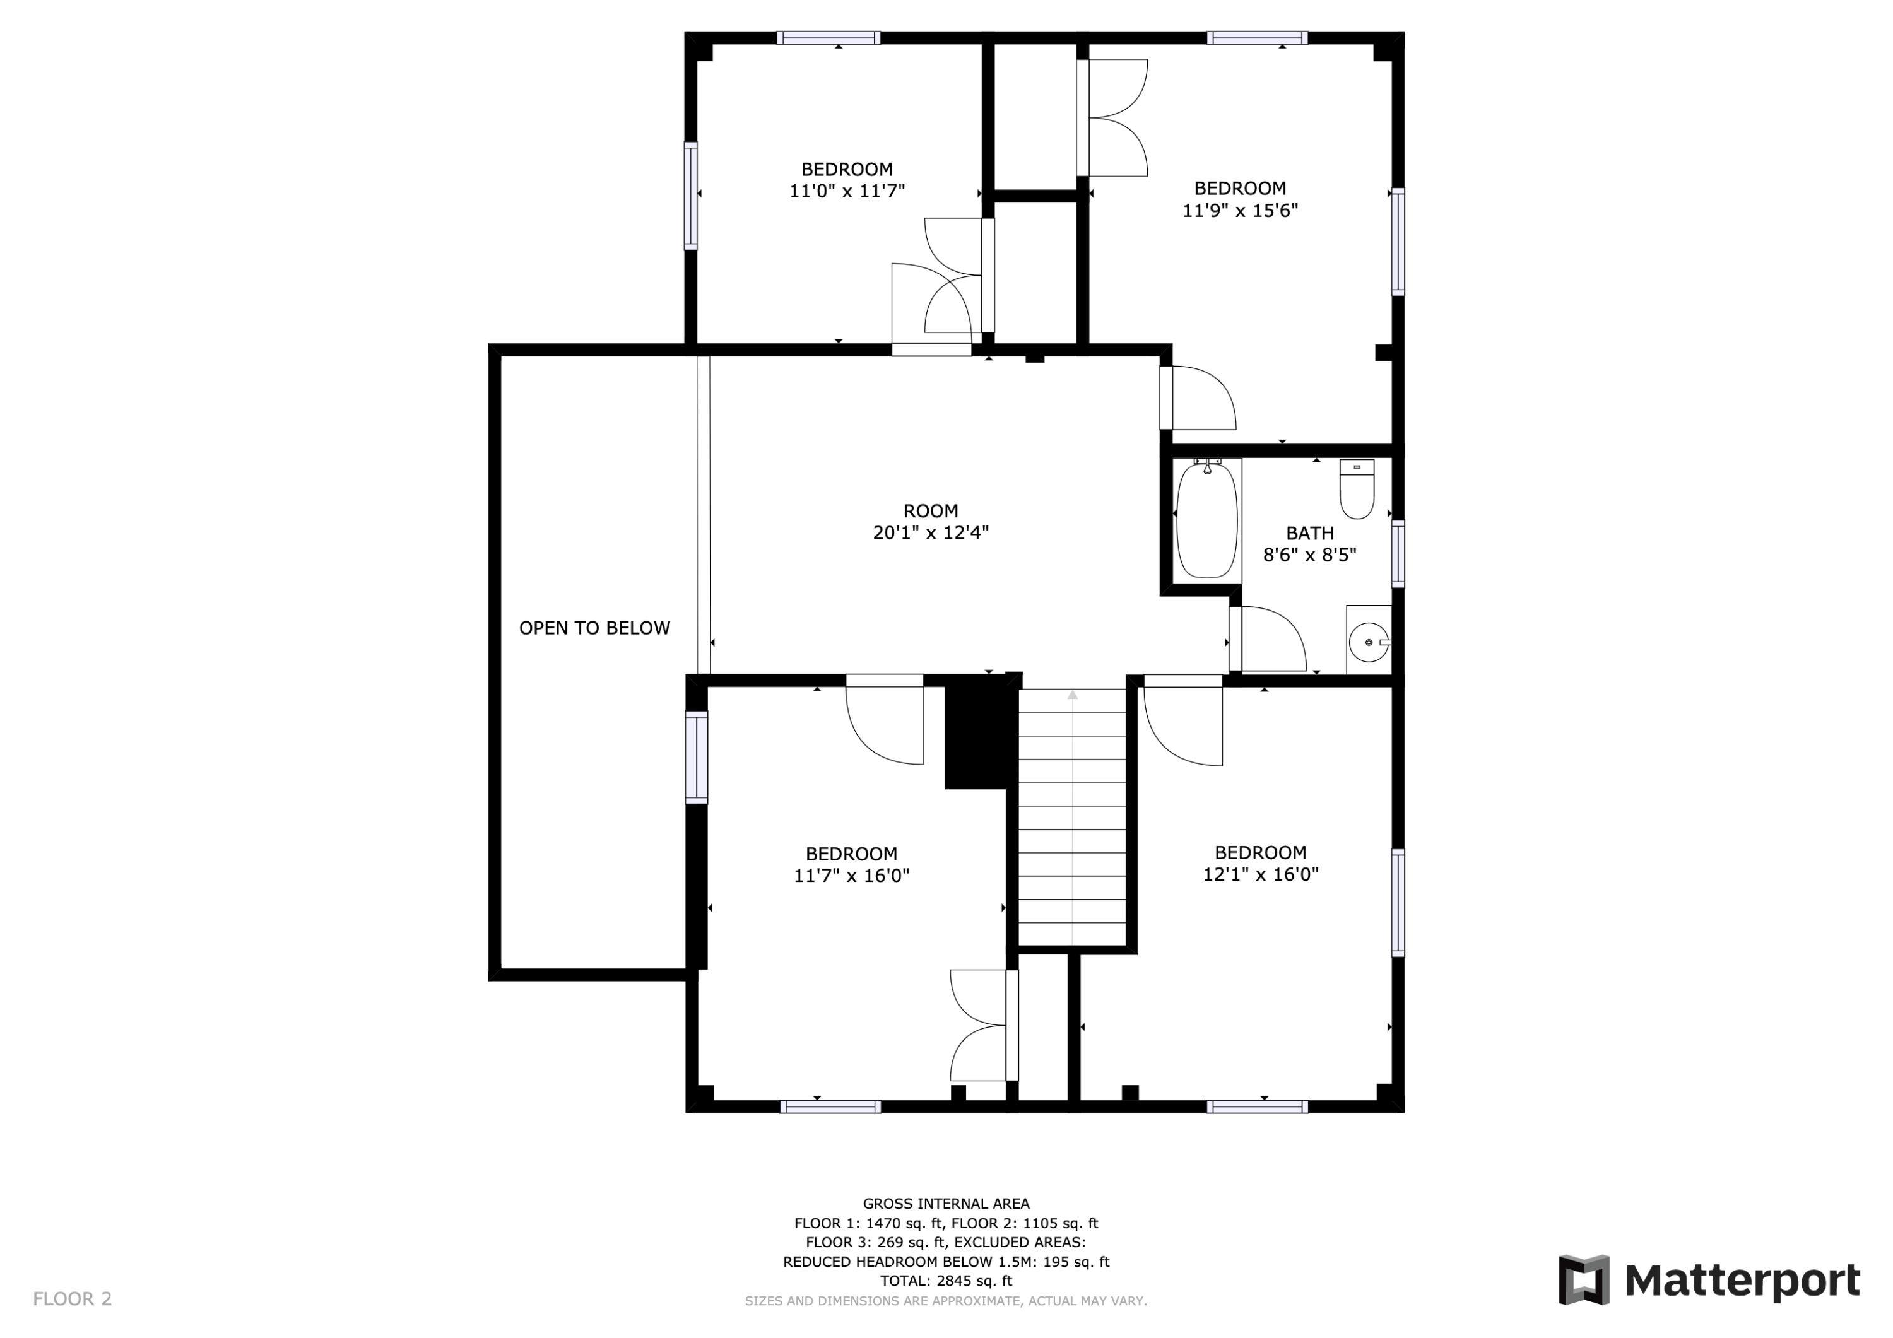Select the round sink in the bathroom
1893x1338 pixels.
click(x=1369, y=642)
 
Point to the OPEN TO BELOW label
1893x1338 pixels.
click(x=594, y=628)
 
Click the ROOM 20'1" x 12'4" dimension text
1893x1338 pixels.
click(x=931, y=532)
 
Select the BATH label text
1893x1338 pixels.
click(x=1309, y=534)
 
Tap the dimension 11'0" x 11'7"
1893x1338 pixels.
click(x=847, y=191)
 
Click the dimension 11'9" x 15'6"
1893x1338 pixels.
click(x=1240, y=210)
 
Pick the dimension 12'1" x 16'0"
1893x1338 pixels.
click(x=1261, y=874)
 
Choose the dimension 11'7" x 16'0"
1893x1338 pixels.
click(x=852, y=876)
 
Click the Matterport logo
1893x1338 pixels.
click(x=1709, y=1281)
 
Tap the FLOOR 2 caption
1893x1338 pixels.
click(x=73, y=1300)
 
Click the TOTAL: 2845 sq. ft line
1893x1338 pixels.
click(x=946, y=1281)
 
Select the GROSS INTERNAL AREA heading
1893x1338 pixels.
click(x=946, y=1204)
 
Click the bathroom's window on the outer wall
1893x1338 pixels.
click(x=1398, y=554)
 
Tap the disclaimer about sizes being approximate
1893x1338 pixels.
click(x=946, y=1301)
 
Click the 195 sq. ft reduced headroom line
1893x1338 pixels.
click(x=946, y=1261)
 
